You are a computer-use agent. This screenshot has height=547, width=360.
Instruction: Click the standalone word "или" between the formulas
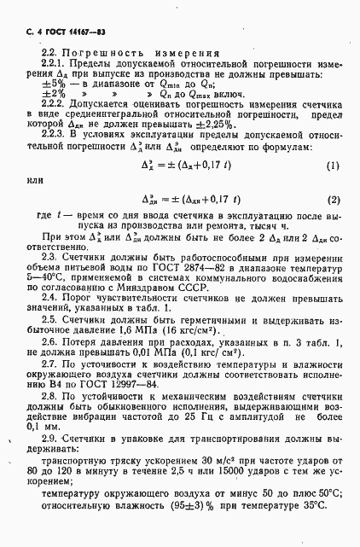tap(34, 203)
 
